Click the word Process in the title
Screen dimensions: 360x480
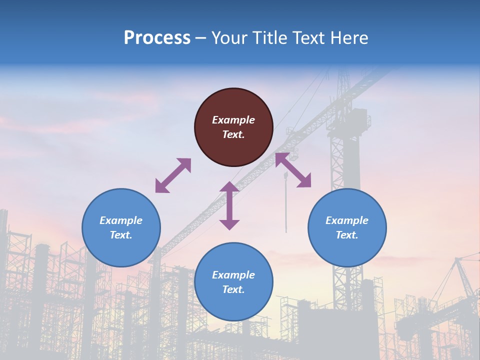point(157,38)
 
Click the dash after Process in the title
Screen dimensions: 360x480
point(201,38)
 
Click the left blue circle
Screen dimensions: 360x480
point(121,228)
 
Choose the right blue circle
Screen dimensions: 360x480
point(347,228)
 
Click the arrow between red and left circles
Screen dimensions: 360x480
point(173,175)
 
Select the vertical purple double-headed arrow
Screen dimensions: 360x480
point(229,205)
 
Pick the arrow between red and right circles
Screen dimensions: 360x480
point(293,170)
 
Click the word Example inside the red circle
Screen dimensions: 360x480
point(233,120)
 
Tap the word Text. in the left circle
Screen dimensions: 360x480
point(121,235)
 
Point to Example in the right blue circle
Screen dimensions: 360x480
point(347,220)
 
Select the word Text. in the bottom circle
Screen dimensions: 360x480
point(233,289)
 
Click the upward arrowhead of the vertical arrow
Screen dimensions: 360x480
point(229,187)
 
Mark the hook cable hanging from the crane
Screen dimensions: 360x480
point(286,205)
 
